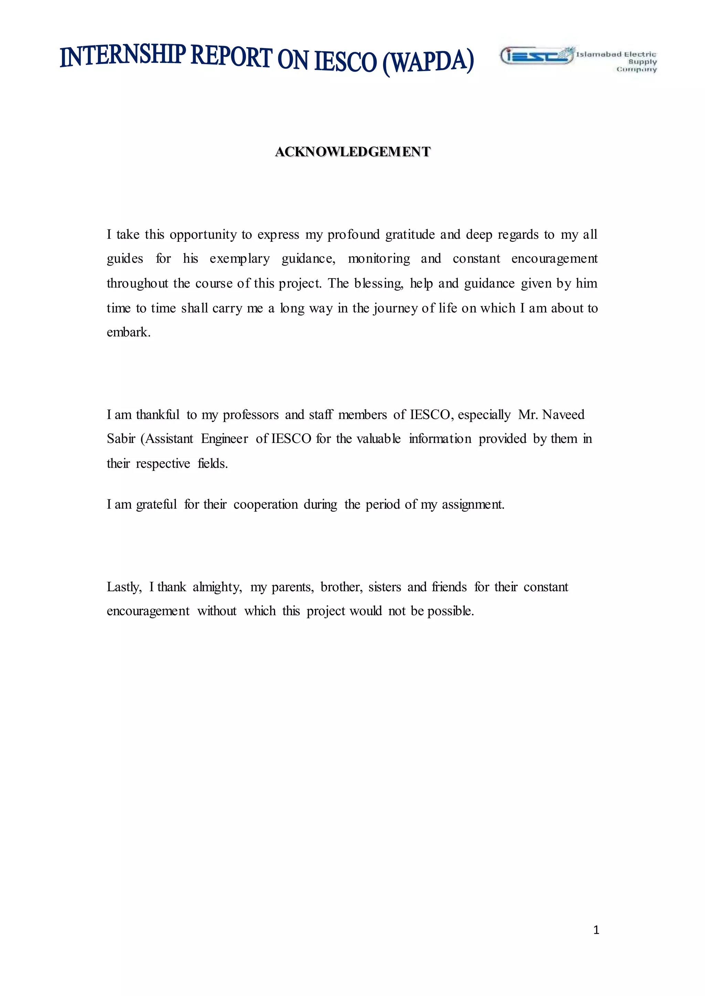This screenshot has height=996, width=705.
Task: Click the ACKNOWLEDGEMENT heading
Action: (x=352, y=152)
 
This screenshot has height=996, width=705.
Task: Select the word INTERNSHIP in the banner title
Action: (x=123, y=55)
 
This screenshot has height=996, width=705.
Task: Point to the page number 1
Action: (x=596, y=930)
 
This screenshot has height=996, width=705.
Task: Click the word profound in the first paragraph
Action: (x=354, y=235)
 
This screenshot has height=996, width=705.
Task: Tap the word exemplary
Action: (x=240, y=259)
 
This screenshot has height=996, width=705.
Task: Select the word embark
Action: (x=128, y=332)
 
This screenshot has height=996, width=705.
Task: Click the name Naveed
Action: (x=564, y=415)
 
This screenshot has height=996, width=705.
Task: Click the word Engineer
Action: (x=224, y=439)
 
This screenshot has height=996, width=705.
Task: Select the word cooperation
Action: (x=266, y=505)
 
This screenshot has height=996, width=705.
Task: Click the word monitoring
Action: (x=379, y=259)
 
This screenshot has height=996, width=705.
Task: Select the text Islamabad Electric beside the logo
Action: (x=616, y=54)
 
